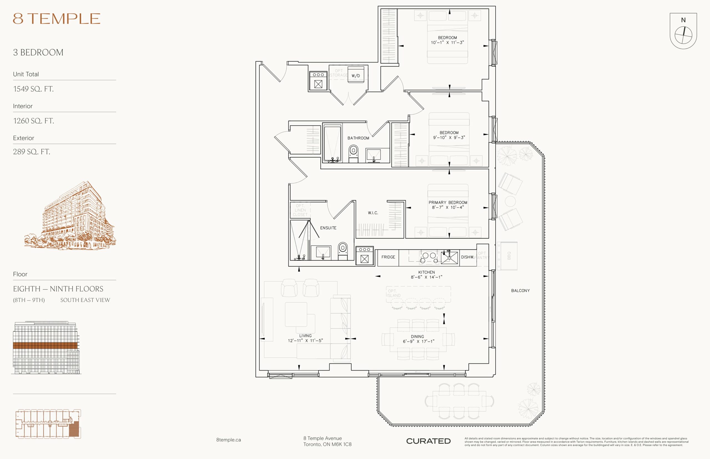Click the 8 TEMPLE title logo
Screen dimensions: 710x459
tap(56, 19)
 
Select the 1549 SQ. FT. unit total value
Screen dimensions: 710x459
tap(33, 89)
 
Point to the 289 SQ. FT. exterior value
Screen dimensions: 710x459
tap(32, 152)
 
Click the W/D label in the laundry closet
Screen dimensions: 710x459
tap(356, 76)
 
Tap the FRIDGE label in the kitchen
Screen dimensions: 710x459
tap(388, 257)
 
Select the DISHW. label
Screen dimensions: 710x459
tap(467, 257)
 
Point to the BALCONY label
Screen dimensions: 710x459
tap(520, 290)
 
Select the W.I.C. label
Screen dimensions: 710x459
tap(373, 213)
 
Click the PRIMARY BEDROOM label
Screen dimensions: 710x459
tap(448, 202)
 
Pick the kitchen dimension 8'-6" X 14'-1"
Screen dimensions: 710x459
tap(427, 277)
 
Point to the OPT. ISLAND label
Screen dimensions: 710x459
tap(394, 293)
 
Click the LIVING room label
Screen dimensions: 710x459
tap(305, 336)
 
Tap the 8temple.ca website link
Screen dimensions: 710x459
tap(229, 440)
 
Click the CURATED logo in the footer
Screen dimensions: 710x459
tap(428, 441)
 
